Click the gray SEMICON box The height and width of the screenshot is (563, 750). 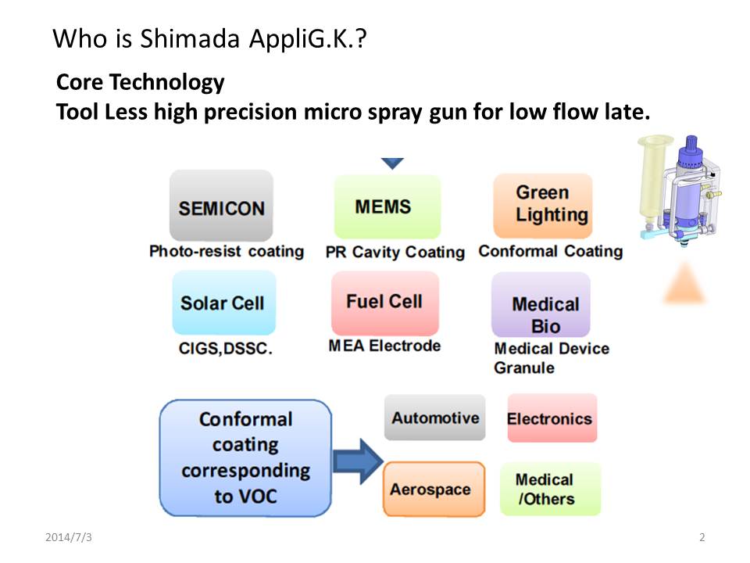click(x=221, y=206)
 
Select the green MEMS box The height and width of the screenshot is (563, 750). click(x=387, y=206)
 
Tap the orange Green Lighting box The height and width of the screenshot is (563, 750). click(x=543, y=206)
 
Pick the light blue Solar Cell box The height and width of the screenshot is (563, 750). click(x=224, y=303)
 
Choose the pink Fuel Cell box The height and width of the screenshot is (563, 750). click(x=385, y=303)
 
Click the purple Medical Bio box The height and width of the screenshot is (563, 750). click(x=541, y=305)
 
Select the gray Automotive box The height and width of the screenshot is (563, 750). click(x=435, y=418)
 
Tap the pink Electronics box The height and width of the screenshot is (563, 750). click(x=552, y=418)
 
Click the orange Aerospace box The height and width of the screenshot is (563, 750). click(x=434, y=489)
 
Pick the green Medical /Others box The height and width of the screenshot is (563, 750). click(x=550, y=489)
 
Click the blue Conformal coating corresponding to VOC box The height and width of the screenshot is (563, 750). click(x=245, y=458)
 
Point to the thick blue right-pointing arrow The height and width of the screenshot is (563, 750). click(x=359, y=461)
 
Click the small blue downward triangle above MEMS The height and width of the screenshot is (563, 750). click(x=392, y=163)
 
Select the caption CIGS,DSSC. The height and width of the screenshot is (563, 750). click(x=225, y=348)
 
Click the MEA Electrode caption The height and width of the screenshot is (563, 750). click(x=384, y=346)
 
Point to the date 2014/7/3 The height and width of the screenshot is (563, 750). click(x=69, y=537)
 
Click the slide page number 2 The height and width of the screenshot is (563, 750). click(x=702, y=537)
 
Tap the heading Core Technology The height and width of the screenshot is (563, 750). click(x=140, y=82)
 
